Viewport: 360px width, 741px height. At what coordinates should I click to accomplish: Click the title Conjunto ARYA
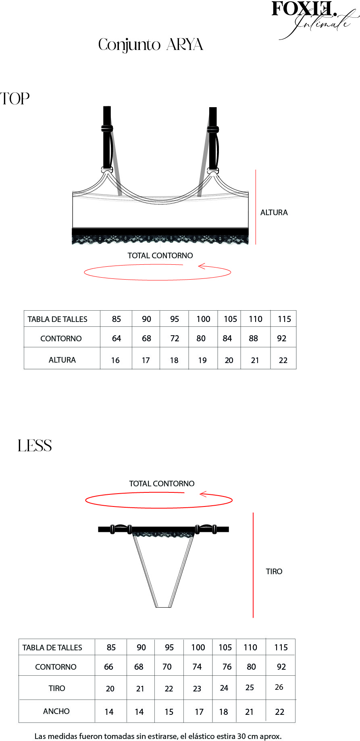coord(151,45)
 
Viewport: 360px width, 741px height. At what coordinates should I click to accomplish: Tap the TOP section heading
coord(15,99)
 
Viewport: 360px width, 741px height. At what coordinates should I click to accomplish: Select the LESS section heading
coord(35,446)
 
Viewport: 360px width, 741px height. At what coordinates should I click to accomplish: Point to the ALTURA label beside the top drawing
coord(274,212)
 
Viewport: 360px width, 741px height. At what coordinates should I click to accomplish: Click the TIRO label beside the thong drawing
coord(274,571)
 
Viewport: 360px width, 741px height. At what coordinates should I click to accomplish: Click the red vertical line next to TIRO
coord(253,565)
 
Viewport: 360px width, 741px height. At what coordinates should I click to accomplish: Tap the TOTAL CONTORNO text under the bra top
coord(160,255)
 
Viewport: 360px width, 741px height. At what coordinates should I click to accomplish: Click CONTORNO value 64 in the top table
coord(117,338)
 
